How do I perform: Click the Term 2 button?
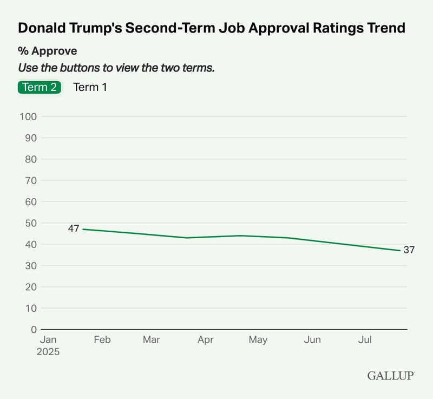pos(39,87)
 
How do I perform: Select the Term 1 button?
pos(90,87)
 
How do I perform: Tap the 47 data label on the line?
pos(74,228)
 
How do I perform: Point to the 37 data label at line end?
pos(409,250)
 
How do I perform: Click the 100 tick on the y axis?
pos(28,116)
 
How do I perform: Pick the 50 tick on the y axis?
pos(30,223)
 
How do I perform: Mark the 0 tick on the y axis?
pos(33,329)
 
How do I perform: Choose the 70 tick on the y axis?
pos(30,180)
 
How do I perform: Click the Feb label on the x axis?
pos(102,340)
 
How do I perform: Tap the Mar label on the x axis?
pos(152,340)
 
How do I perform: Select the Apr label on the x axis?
pos(205,340)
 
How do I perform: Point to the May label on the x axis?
pos(258,340)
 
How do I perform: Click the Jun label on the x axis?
pos(312,340)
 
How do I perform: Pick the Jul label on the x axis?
pos(365,340)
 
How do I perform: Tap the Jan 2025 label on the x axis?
pos(49,345)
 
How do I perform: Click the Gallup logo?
pos(391,375)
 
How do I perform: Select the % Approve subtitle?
pos(48,51)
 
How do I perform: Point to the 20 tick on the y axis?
pos(30,287)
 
